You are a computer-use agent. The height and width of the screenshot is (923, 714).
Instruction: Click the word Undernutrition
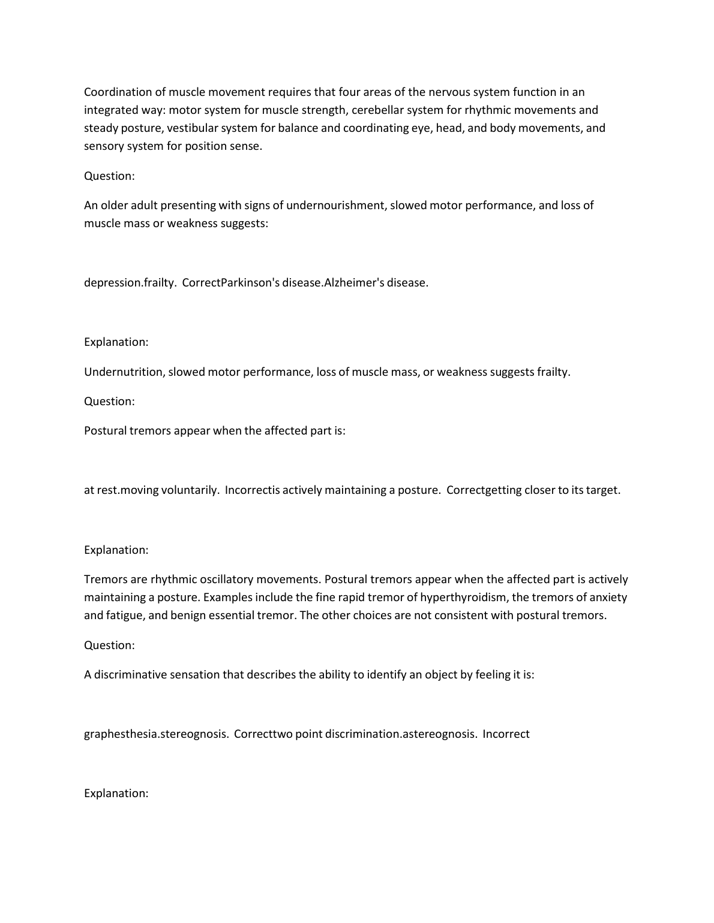click(x=123, y=372)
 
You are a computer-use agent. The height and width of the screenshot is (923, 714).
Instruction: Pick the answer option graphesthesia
click(x=120, y=734)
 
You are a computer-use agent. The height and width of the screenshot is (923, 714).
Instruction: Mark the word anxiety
click(x=607, y=597)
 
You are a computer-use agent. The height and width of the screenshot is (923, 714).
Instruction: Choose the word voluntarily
click(x=189, y=490)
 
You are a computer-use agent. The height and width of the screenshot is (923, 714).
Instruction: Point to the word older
click(x=115, y=205)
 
